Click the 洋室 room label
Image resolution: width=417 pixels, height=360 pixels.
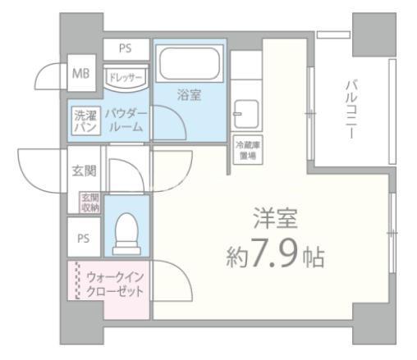coord(275,220)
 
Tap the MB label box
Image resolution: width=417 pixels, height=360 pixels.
coord(80,74)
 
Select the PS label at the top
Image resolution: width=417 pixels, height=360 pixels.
coord(125,48)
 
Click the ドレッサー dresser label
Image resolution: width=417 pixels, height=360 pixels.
coord(125,76)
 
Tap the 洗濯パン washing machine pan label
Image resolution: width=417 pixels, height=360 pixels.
coord(85,121)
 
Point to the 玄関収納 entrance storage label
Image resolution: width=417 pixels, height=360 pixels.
coord(89,202)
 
